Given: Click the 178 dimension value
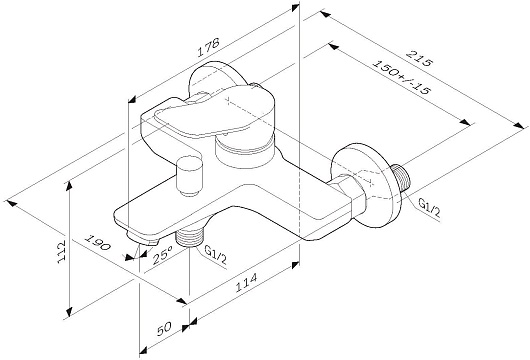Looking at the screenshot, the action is tap(209, 47).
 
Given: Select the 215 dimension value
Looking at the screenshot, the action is tap(419, 58).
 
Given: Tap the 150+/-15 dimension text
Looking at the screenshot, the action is tap(401, 77).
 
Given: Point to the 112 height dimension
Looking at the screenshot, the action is tap(61, 252).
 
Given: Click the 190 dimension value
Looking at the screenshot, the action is tap(97, 242).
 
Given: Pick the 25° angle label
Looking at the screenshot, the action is tap(163, 254).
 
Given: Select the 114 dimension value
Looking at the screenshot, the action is tap(246, 282).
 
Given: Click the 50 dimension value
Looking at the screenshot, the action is tap(165, 328).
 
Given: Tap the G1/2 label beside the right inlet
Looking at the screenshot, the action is tap(429, 208).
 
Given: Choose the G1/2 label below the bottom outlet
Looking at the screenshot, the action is tap(216, 255).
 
